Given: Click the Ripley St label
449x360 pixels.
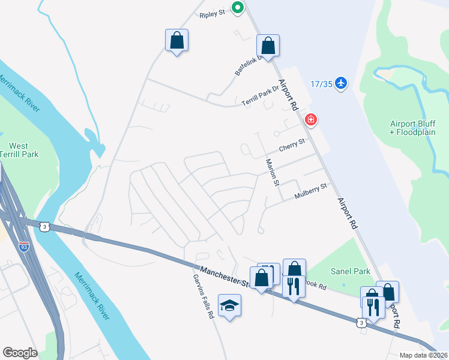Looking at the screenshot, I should click(x=212, y=11).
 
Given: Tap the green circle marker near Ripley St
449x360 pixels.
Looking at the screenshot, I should click(x=238, y=8).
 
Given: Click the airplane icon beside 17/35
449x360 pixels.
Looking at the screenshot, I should click(x=342, y=82).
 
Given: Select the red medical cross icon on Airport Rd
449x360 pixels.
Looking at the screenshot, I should click(x=311, y=119).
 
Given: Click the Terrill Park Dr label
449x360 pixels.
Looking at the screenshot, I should click(x=261, y=96).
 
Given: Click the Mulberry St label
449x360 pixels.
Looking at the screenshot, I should click(x=310, y=191).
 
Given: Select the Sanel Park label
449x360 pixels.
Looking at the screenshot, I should click(x=353, y=271).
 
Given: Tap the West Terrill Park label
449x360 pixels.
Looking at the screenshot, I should click(x=18, y=150).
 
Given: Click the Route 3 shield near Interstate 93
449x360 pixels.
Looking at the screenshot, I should click(x=44, y=226).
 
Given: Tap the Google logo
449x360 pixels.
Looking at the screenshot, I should click(x=20, y=352).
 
